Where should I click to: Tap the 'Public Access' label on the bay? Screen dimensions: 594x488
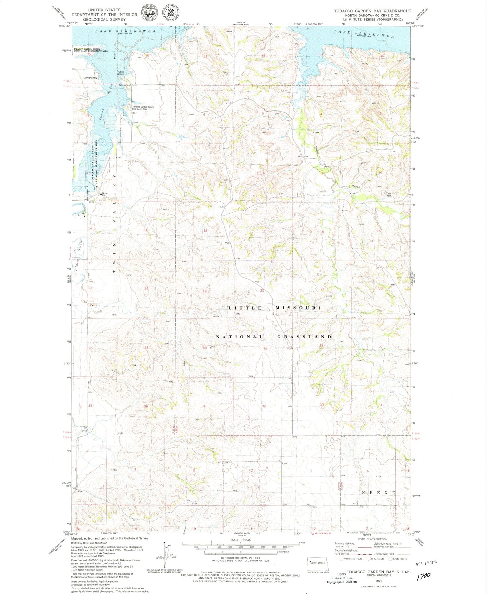pyautogui.click(x=121, y=73)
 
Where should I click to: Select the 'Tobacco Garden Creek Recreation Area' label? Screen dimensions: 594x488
pyautogui.click(x=142, y=108)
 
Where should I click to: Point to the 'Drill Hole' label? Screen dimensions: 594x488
pyautogui.click(x=388, y=194)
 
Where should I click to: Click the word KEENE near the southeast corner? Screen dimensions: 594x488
pyautogui.click(x=379, y=493)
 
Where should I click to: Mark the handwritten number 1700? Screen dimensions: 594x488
pyautogui.click(x=424, y=575)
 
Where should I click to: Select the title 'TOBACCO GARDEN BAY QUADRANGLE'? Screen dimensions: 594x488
pyautogui.click(x=372, y=11)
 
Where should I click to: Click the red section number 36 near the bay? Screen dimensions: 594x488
pyautogui.click(x=147, y=56)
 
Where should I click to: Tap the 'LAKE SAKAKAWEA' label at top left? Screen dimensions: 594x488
pyautogui.click(x=125, y=31)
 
